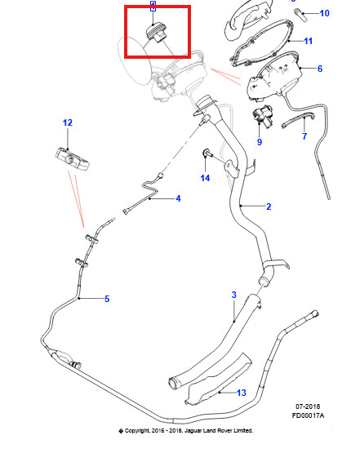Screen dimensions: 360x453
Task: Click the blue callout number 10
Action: [x=324, y=13]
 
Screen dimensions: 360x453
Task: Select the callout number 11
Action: [x=309, y=41]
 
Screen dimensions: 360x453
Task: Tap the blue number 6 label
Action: [x=320, y=69]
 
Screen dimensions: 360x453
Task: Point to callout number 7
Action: [x=304, y=136]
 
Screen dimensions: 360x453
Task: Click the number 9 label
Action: [x=260, y=142]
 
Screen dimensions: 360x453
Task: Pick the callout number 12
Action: [x=68, y=122]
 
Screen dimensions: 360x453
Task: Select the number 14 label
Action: [x=205, y=178]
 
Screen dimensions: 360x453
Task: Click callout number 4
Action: [x=178, y=198]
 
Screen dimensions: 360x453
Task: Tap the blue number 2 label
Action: [x=269, y=207]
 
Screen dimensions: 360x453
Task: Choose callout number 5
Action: [x=107, y=299]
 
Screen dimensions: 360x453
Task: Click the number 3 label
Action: [x=234, y=295]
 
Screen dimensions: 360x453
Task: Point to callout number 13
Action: [x=242, y=393]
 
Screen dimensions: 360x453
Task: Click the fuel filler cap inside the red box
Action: [x=156, y=33]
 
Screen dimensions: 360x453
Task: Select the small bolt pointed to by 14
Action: [x=208, y=153]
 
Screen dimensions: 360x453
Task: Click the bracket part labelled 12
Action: [x=72, y=160]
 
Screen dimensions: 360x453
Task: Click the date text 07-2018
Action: [x=308, y=406]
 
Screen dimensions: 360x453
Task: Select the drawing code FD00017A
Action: [x=308, y=415]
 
